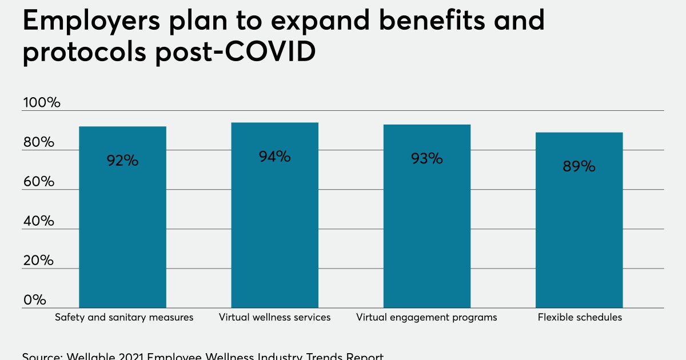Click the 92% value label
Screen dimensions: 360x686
(122, 161)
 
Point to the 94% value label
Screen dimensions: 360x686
(274, 156)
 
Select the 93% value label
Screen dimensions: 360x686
(426, 158)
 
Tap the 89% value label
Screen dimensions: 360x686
(579, 166)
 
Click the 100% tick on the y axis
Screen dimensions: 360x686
(41, 103)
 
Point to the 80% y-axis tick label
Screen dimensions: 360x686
(39, 142)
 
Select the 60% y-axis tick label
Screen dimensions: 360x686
(39, 182)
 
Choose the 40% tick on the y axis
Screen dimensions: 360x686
(39, 221)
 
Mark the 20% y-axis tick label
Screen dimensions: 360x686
(39, 261)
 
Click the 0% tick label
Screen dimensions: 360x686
(34, 300)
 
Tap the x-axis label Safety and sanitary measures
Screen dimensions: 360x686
(124, 317)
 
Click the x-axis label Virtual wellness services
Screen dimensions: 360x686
(274, 317)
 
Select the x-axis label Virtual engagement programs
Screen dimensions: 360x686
(426, 317)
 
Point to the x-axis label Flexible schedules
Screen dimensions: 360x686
(580, 317)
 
